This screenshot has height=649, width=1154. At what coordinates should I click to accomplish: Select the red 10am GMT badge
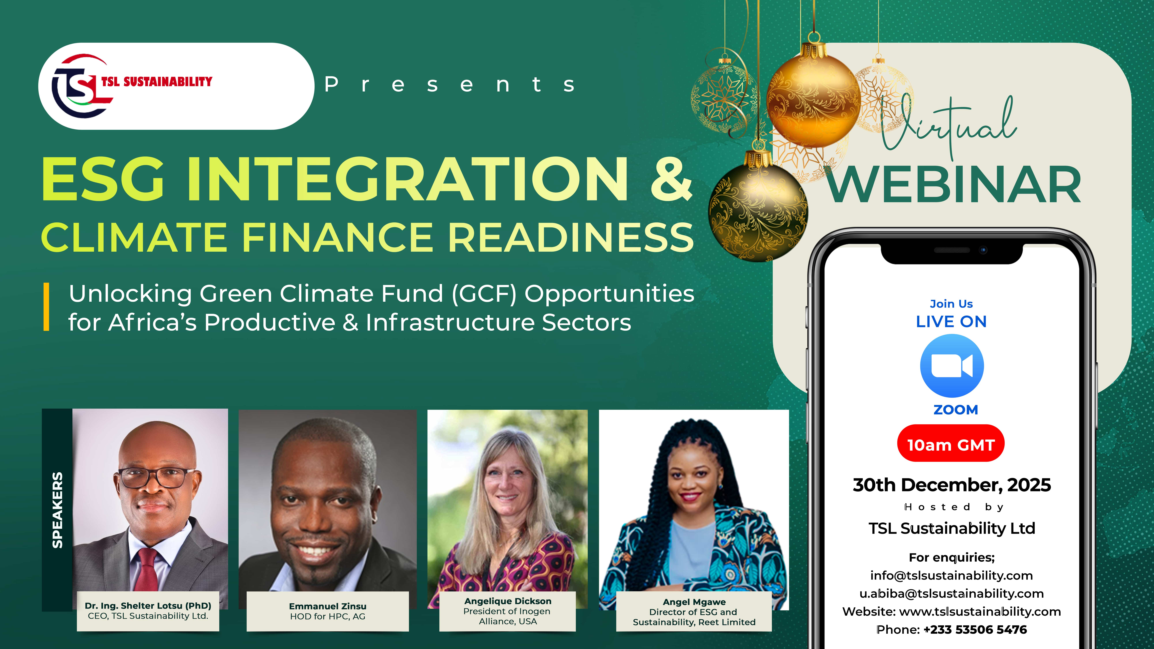pyautogui.click(x=951, y=445)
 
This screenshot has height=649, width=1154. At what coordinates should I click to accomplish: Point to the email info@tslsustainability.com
pyautogui.click(x=951, y=576)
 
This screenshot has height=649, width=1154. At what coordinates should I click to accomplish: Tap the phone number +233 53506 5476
pyautogui.click(x=975, y=630)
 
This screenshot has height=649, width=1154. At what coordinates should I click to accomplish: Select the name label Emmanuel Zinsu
pyautogui.click(x=327, y=606)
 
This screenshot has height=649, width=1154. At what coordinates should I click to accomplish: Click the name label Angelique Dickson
pyautogui.click(x=508, y=601)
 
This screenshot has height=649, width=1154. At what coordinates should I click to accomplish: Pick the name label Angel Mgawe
pyautogui.click(x=694, y=602)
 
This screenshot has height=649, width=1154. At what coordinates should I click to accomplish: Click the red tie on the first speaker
pyautogui.click(x=147, y=569)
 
